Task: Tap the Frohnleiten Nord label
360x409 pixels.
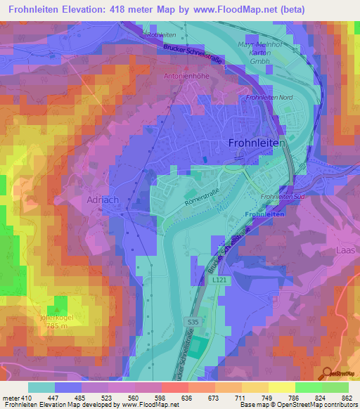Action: [269, 97]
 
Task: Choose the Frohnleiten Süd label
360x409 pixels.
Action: [281, 197]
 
